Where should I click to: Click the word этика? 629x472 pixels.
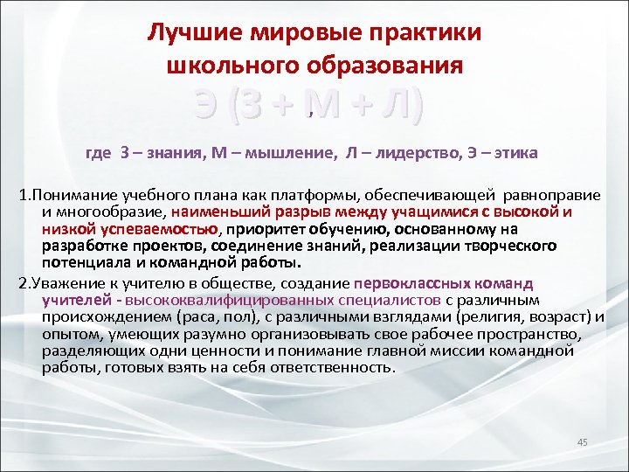click(516, 153)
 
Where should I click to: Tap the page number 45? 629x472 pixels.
click(583, 442)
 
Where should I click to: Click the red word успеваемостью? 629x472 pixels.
click(166, 229)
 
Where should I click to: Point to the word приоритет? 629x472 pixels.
click(262, 229)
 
